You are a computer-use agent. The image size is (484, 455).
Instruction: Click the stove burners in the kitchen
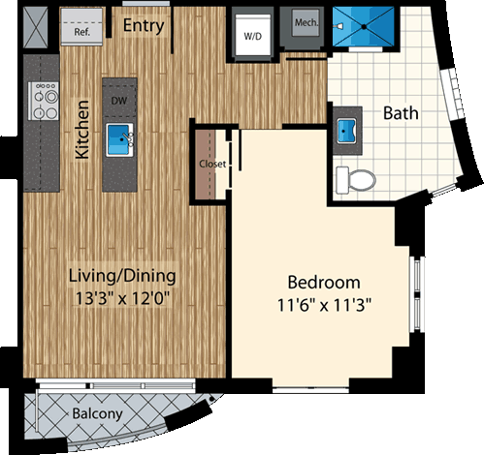coord(45,100)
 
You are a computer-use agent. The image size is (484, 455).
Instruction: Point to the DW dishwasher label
coord(119,99)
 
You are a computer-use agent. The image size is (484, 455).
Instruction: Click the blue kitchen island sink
coord(119,136)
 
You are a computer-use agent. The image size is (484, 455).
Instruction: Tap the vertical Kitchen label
coord(82,129)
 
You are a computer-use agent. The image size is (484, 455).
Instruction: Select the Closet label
coord(212,164)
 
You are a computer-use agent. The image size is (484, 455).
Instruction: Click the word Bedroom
coord(324,283)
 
